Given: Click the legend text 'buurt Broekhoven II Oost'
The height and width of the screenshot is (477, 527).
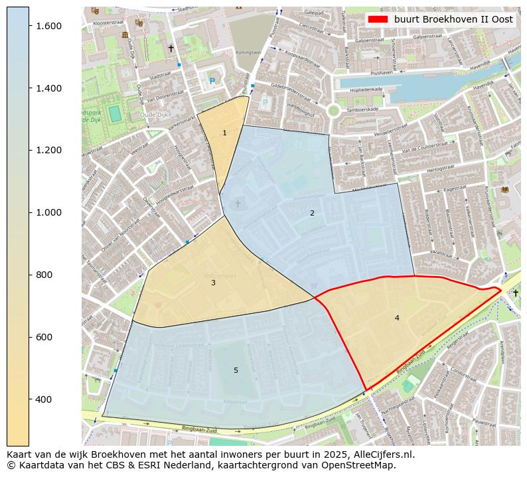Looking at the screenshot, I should pos(453,19).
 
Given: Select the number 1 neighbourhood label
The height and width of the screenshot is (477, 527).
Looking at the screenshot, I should pos(224,133).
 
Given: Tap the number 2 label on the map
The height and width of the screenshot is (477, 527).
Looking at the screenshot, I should pos(312,213).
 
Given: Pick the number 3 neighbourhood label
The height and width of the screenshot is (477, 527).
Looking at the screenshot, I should pos(213,283).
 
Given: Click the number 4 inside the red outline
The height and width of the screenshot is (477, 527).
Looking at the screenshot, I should pos(397,318).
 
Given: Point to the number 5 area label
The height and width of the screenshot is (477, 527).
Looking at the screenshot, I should pos(236,370).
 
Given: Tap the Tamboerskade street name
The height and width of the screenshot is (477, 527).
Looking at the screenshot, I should pos(364,109).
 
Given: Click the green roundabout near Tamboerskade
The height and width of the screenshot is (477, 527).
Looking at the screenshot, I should pos(333,111).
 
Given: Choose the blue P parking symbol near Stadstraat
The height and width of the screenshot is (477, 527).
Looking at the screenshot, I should pos(212,81).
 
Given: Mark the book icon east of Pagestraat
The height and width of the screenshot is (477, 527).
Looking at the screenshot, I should pos(504,190).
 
